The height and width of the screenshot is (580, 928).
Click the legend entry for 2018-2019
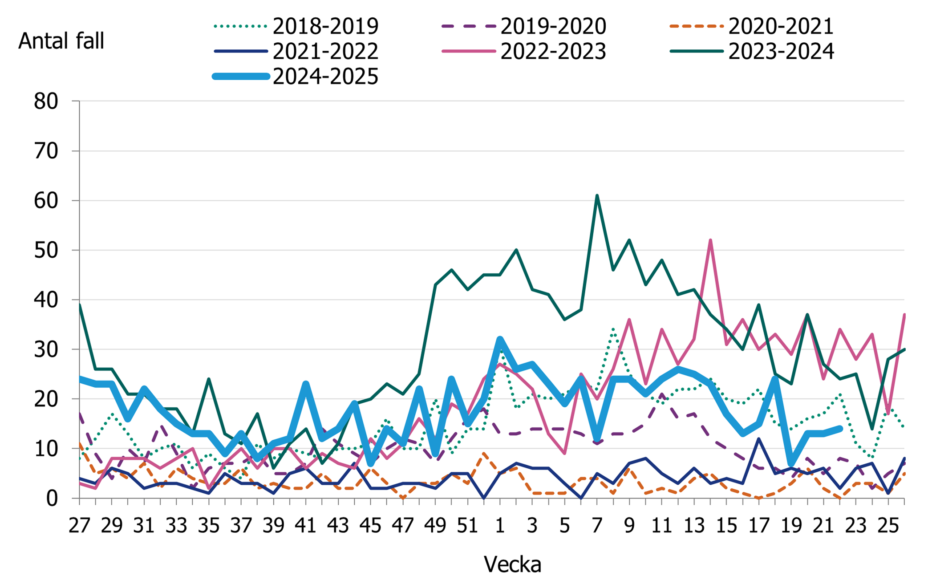[x=325, y=26]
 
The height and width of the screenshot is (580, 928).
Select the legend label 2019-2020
[x=553, y=26]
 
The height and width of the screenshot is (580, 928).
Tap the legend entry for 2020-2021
[x=781, y=26]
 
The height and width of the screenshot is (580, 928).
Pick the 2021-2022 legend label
[x=325, y=51]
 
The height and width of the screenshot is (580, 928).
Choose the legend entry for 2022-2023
[x=553, y=51]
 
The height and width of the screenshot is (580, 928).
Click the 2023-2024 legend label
[x=781, y=51]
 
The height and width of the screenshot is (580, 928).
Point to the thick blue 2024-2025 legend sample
[x=241, y=77]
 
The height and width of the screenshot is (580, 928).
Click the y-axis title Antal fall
[x=61, y=41]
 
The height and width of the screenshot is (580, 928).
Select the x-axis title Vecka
[x=512, y=564]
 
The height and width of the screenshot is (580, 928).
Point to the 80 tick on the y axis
[x=46, y=101]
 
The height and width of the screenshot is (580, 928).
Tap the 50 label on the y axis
[x=46, y=250]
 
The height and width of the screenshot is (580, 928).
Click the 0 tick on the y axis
[x=52, y=499]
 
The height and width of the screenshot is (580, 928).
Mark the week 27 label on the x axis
[x=79, y=526]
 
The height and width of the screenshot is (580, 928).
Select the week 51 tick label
[x=467, y=526]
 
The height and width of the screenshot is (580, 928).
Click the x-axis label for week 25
[x=888, y=526]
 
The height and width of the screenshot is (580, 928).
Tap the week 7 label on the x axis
[x=597, y=526]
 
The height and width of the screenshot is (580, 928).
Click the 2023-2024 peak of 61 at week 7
[x=597, y=195]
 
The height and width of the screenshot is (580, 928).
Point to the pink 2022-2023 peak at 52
[x=710, y=240]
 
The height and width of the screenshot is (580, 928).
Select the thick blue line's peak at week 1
[x=500, y=339]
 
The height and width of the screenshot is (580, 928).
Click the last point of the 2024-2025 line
[x=839, y=429]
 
